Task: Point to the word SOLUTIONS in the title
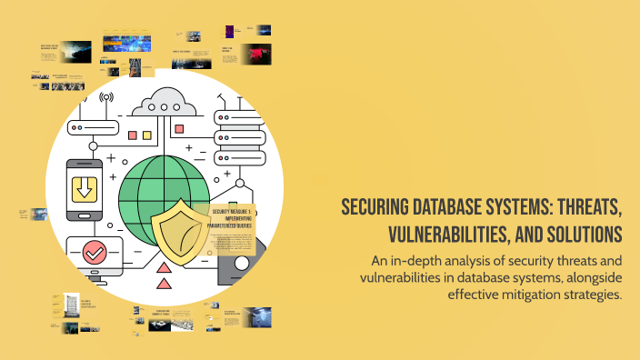581,235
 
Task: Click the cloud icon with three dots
165,103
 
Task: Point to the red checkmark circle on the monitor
94,252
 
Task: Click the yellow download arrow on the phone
84,189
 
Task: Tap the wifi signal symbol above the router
107,97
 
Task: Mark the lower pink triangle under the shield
165,285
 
